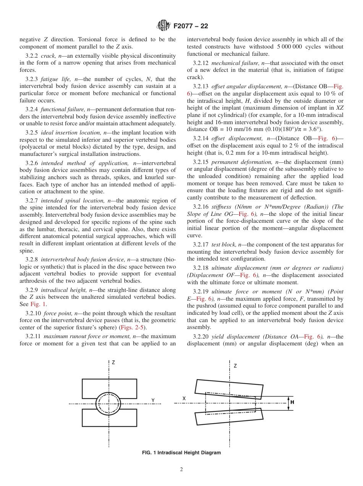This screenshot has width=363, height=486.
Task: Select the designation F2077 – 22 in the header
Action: pyautogui.click(x=191, y=26)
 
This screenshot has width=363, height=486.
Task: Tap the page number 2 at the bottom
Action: pyautogui.click(x=181, y=470)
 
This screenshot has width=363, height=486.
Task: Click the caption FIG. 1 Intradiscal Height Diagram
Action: pyautogui.click(x=181, y=452)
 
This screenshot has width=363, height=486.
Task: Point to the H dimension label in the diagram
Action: pyautogui.click(x=292, y=402)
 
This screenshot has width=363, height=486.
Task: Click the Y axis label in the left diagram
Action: pyautogui.click(x=153, y=400)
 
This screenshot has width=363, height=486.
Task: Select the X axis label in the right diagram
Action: pyautogui.click(x=184, y=398)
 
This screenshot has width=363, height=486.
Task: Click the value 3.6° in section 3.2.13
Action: pyautogui.click(x=314, y=129)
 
